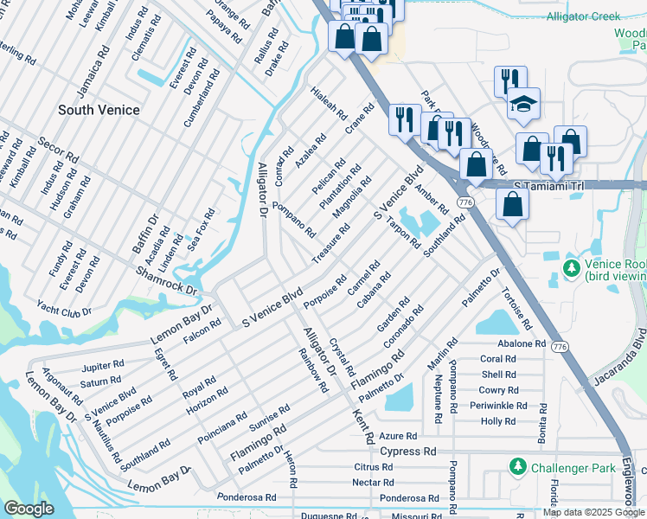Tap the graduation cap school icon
[x=522, y=104]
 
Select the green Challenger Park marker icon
[x=518, y=467]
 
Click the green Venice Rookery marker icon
[x=571, y=269]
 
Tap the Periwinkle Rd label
[x=503, y=406]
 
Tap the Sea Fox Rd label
[x=201, y=229]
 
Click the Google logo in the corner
[x=29, y=509]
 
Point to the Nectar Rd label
[x=373, y=482]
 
